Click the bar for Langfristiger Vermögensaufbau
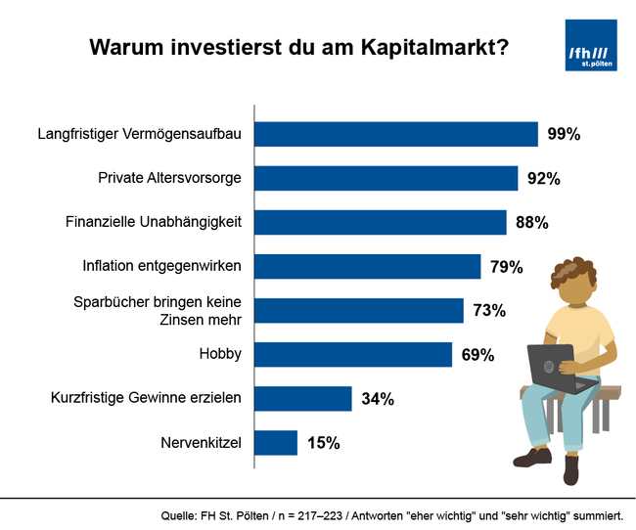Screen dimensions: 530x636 [396, 134]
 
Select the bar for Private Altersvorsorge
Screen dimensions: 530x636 [386, 178]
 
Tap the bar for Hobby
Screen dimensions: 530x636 [353, 354]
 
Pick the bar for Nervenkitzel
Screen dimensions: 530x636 [276, 443]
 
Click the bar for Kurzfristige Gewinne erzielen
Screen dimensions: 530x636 [303, 398]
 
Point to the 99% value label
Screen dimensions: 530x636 [564, 135]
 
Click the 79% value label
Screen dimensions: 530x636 [507, 267]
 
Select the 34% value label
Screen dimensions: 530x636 [377, 399]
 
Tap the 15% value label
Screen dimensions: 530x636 [323, 443]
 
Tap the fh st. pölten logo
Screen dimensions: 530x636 [591, 46]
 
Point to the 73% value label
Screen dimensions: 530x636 [489, 311]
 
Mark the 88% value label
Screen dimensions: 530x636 [531, 223]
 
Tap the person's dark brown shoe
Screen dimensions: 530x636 [533, 458]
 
